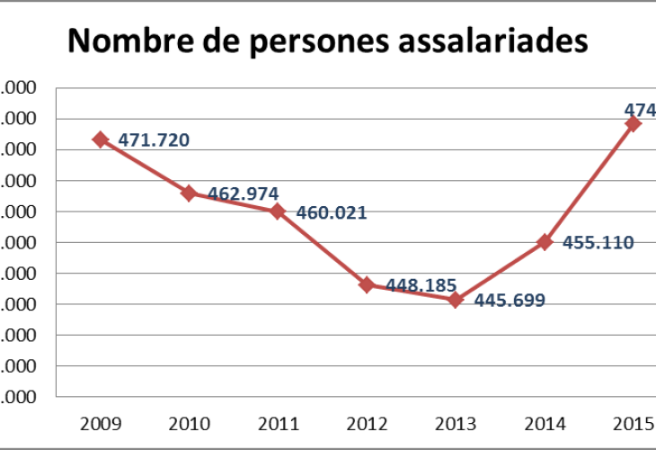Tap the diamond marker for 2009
coord(101,139)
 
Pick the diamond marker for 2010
coord(189,193)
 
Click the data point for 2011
coord(278,211)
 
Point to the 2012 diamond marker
coord(367,284)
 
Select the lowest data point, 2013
coord(456,300)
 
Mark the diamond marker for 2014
coord(545,241)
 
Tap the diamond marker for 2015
coord(633,123)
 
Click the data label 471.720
coord(154,139)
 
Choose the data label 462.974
coord(243,193)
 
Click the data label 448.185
coord(421,285)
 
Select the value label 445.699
coord(510,301)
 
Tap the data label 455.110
coord(598,242)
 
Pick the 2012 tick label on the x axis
coord(367,422)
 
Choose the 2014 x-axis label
coord(545,422)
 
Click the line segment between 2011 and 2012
coord(323,248)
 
